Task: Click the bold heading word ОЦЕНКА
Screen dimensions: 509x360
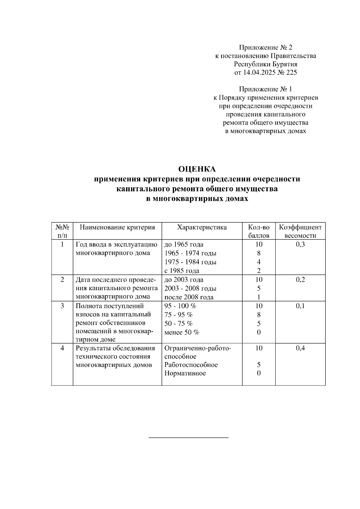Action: click(197, 169)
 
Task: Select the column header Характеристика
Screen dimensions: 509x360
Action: click(202, 227)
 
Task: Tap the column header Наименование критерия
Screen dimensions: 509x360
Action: click(117, 227)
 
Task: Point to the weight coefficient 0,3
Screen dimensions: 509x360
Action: click(300, 244)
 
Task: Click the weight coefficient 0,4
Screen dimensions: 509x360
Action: click(300, 348)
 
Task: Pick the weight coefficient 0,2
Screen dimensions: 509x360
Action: click(300, 280)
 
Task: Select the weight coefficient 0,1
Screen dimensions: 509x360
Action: click(300, 306)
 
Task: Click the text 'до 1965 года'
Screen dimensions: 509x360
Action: click(184, 245)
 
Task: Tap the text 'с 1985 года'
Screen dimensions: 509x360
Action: click(182, 271)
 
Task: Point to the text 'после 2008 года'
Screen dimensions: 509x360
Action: click(189, 297)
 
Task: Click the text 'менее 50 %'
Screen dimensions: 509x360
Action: click(182, 332)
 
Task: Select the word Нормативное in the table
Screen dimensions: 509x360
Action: click(185, 374)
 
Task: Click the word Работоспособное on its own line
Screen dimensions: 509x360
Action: click(191, 365)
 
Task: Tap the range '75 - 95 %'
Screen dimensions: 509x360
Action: click(178, 315)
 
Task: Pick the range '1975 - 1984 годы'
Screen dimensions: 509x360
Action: click(190, 262)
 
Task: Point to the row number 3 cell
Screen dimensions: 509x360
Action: click(62, 306)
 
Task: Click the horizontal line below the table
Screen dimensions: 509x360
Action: click(189, 438)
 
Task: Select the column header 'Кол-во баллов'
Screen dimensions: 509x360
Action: click(259, 231)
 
